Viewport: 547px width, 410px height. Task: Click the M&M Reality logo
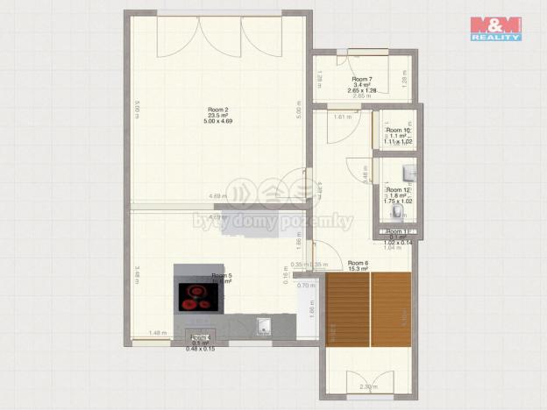495,28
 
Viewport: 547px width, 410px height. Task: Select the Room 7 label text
362,79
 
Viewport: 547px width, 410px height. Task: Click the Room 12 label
398,189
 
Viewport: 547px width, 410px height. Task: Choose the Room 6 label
358,263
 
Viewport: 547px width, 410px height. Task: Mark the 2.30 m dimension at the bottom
369,386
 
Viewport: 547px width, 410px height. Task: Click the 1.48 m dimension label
158,332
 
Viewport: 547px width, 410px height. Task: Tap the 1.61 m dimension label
342,116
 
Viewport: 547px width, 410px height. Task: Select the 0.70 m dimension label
305,286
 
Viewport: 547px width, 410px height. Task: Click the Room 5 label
221,276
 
